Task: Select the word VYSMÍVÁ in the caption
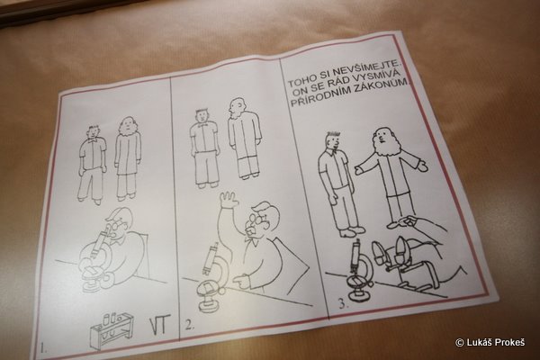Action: pos(376,79)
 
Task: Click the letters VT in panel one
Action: pos(160,325)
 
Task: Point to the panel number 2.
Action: pos(189,326)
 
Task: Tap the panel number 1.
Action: pos(43,348)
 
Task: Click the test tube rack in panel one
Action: pos(111,328)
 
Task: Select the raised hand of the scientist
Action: pos(229,199)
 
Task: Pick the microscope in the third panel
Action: pos(360,272)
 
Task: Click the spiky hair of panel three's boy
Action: pos(333,135)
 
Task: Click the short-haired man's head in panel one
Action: pos(94,132)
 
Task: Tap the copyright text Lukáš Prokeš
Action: pos(490,342)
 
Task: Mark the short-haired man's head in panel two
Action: pos(202,116)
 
